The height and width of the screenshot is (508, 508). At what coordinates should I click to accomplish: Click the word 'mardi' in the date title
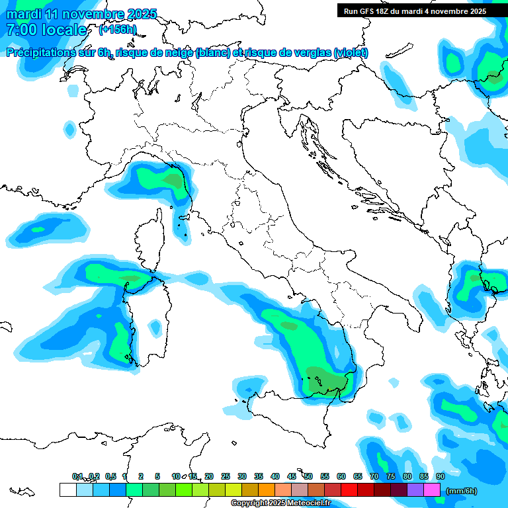22,14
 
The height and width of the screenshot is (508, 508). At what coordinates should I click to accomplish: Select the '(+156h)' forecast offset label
117,30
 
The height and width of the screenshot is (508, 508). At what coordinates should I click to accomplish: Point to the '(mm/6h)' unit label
461,491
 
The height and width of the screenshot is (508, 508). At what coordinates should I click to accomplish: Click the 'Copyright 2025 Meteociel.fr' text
281,503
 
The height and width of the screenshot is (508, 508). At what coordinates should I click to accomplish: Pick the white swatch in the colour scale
67,490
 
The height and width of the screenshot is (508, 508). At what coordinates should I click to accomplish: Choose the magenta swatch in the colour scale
432,490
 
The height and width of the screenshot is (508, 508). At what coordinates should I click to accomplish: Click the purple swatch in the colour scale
415,490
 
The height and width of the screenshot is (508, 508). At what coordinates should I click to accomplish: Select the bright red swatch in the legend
349,490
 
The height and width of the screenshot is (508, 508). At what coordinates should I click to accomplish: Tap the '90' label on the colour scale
441,476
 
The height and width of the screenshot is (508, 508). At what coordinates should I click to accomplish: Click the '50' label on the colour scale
308,476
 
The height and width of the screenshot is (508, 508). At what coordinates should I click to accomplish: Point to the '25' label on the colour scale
226,476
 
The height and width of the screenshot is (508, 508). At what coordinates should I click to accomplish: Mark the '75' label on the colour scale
391,476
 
